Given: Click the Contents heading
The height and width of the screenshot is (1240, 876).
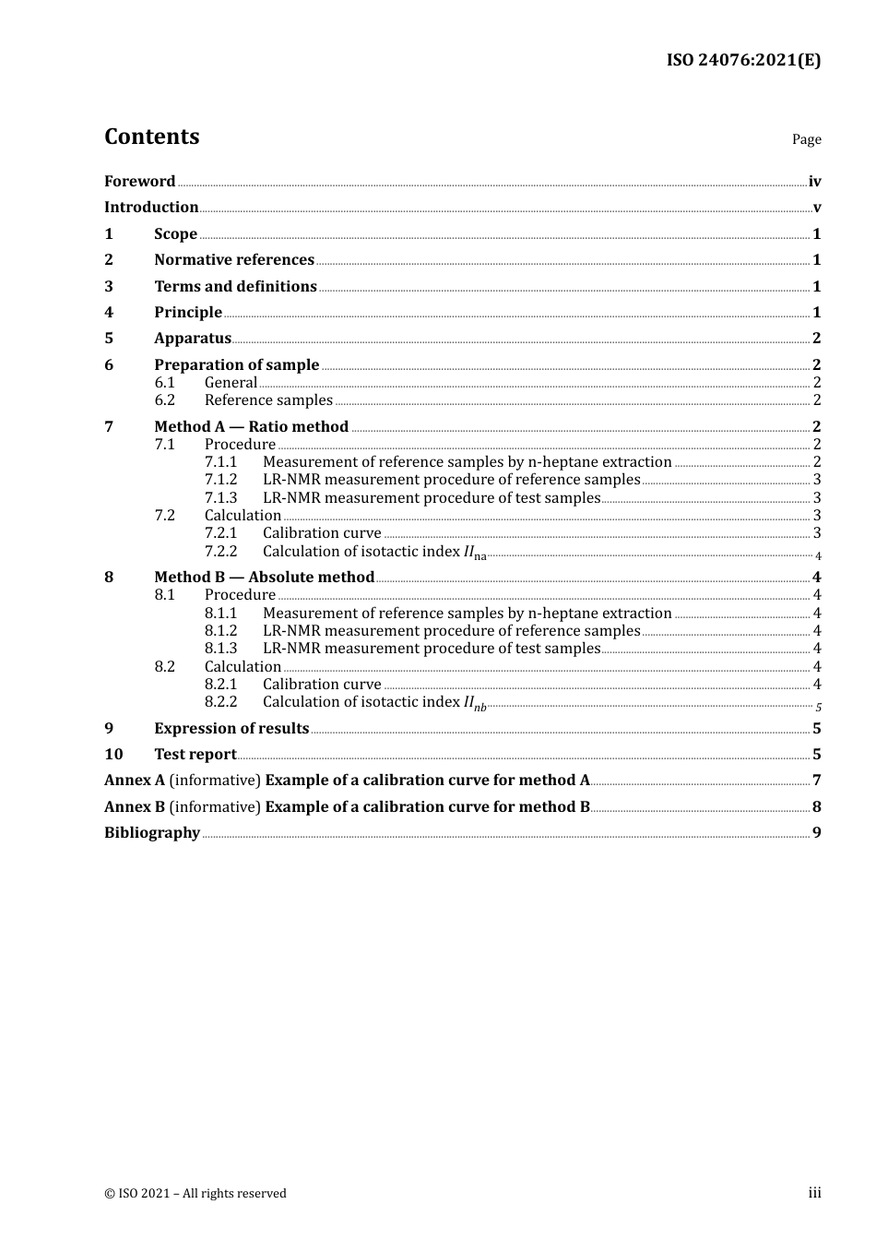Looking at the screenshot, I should pos(151,137).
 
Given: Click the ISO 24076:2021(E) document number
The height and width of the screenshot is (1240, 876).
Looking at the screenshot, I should pos(743,60).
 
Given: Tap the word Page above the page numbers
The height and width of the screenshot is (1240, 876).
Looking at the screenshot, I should pos(806,139).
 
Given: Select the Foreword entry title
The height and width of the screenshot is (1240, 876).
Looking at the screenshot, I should pos(139,182).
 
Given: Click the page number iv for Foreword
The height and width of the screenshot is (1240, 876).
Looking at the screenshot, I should pos(814,182).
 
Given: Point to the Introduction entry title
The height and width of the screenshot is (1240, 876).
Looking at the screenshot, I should pos(151,208).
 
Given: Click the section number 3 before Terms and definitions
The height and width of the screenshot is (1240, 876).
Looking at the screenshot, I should pos(109,287).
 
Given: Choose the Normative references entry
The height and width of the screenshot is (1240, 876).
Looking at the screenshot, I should pos(234,260).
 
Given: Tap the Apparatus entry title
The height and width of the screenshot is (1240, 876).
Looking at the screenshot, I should pos(192,339).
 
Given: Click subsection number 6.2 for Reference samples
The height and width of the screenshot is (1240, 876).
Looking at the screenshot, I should pos(164,400).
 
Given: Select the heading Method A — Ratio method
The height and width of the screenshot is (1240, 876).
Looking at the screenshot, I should pos(251,426).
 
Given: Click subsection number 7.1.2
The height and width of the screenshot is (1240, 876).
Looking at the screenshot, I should pos(220,480).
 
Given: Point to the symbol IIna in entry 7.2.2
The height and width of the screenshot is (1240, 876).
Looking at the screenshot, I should pos(474,553).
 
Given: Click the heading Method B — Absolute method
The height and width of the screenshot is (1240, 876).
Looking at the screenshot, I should pos(264,578).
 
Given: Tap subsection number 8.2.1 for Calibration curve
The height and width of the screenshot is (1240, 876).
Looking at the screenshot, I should pos(220,685).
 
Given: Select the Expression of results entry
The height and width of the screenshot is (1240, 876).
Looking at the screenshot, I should pos(231,729).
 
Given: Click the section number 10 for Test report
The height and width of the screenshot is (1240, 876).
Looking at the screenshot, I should pos(113,755).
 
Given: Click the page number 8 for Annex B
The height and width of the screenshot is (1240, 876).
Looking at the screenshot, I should pos(816,807).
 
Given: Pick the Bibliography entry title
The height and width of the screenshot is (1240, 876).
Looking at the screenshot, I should pos(152,833).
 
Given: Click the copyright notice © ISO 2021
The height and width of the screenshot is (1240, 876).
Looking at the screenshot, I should pos(195,1194).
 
